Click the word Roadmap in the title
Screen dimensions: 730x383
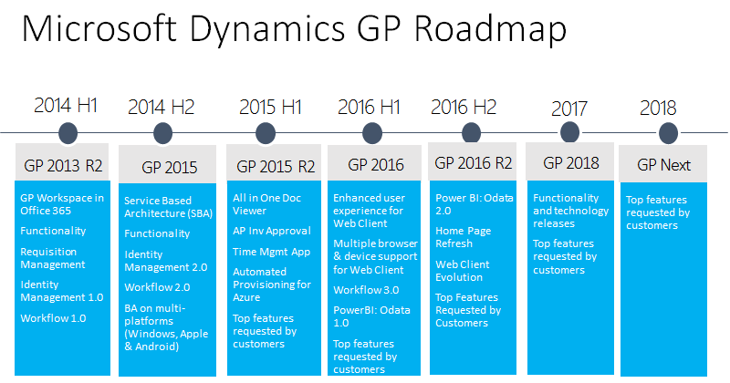tap(490, 29)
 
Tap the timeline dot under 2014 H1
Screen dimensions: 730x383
tap(68, 133)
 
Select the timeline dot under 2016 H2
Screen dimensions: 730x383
tap(471, 132)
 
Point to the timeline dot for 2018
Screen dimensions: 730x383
tap(668, 133)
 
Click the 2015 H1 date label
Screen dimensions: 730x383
tap(270, 107)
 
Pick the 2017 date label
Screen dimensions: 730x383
tap(568, 109)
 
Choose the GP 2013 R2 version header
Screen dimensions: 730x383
tap(63, 166)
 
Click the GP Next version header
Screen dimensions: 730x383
tap(664, 165)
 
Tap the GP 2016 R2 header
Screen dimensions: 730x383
tap(474, 163)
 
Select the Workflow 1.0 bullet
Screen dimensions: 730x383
tap(53, 318)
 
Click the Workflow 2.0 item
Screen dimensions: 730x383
tap(157, 287)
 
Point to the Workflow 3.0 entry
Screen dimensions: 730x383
tap(366, 290)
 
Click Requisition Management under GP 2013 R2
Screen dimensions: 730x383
tap(53, 258)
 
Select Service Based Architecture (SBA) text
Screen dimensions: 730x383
tap(168, 207)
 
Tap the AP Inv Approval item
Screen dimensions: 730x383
tap(272, 231)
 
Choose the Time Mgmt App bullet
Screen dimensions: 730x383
tap(271, 252)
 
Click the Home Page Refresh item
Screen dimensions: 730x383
tap(464, 237)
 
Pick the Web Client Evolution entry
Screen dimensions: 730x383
tap(463, 271)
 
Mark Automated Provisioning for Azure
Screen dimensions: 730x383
tap(272, 285)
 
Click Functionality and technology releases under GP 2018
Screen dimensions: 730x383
tap(571, 211)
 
